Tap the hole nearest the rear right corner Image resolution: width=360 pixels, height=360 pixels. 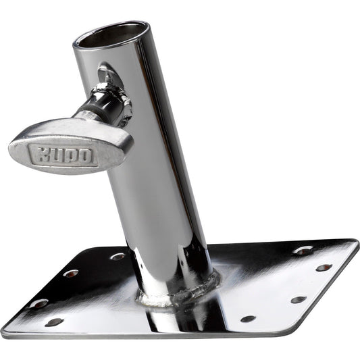[x=303, y=250]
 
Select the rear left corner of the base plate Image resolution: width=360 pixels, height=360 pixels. [x=96, y=247]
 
